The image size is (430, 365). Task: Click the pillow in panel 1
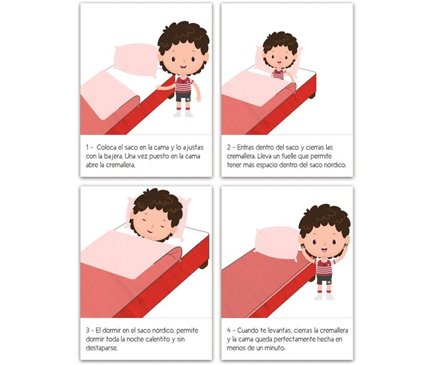(x=136, y=60)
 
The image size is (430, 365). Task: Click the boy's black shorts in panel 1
(x=183, y=97)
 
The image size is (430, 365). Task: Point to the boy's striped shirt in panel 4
(x=325, y=266)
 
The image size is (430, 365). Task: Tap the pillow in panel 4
(x=277, y=242)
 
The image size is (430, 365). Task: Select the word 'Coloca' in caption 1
(x=106, y=147)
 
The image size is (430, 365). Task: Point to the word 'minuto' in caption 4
(x=275, y=348)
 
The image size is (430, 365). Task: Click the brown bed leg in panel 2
(x=312, y=96)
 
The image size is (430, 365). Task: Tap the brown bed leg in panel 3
(x=204, y=265)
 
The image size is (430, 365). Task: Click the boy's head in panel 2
(x=279, y=53)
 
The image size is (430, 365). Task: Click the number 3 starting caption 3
(x=87, y=330)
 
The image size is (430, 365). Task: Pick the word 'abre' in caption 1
(x=92, y=165)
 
